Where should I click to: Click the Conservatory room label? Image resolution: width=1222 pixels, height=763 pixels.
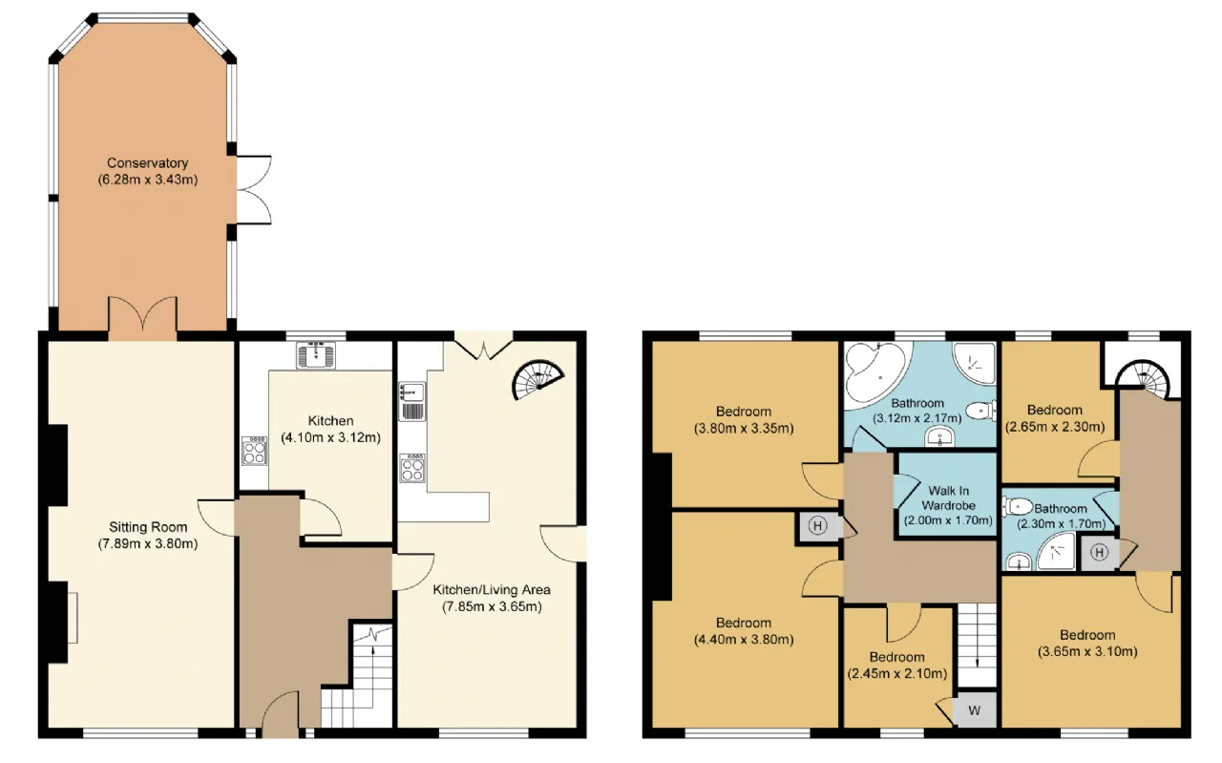(x=147, y=162)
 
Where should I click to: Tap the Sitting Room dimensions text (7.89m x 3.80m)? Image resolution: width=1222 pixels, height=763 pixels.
(x=148, y=543)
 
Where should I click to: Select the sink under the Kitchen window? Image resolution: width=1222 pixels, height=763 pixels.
(x=316, y=354)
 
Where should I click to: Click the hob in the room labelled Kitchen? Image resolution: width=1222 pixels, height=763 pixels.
(x=254, y=451)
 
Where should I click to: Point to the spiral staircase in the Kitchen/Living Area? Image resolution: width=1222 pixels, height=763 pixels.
(x=537, y=380)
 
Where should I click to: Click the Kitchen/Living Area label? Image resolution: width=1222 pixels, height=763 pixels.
(x=492, y=589)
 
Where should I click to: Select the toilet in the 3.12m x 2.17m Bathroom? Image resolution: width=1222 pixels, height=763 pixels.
(x=980, y=411)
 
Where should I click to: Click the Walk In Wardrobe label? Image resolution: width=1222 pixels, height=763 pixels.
(x=949, y=498)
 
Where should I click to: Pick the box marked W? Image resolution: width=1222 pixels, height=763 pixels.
(x=975, y=710)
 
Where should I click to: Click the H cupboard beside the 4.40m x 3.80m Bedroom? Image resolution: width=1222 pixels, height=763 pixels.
(x=817, y=526)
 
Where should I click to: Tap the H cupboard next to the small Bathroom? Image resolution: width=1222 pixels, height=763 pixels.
(x=1099, y=553)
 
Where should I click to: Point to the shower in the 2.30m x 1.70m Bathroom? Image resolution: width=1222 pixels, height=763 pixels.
(x=1056, y=551)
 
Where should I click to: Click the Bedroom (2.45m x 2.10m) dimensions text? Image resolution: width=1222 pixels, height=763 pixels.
(x=896, y=673)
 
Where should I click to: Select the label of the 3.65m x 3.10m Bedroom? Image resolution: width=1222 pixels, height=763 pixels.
(x=1087, y=635)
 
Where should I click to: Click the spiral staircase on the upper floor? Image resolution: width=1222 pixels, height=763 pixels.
(x=1143, y=379)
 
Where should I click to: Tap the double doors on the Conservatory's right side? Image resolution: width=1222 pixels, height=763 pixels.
(x=254, y=190)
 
